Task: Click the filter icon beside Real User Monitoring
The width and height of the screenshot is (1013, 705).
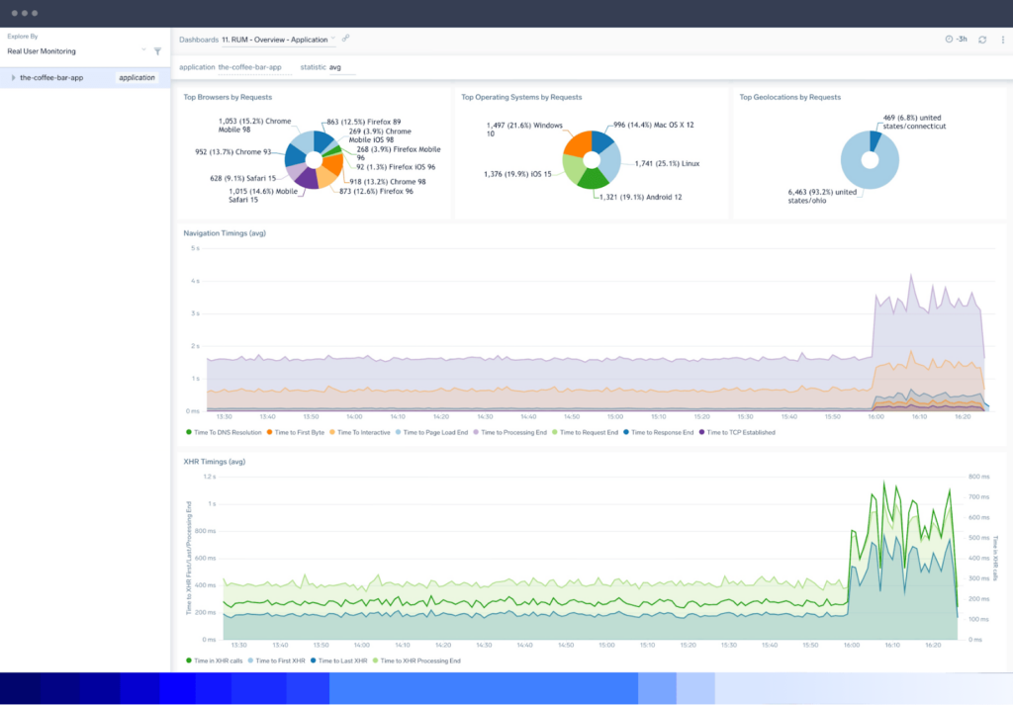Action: [157, 50]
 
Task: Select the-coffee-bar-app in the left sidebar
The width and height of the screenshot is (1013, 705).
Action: [51, 77]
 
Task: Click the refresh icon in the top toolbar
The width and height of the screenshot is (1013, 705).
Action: [982, 39]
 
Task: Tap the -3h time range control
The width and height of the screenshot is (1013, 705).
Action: [957, 39]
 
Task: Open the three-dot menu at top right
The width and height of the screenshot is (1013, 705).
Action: [1003, 39]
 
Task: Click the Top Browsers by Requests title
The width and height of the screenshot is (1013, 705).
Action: [228, 97]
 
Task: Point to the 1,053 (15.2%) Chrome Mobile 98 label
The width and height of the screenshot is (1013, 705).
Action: [255, 126]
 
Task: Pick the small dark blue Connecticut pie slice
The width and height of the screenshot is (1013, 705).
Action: [875, 140]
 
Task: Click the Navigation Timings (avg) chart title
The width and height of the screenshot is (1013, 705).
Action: [224, 233]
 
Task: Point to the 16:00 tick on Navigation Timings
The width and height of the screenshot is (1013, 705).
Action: [877, 417]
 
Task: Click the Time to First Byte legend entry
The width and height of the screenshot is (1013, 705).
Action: [298, 432]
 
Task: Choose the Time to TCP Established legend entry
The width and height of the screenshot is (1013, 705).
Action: [740, 432]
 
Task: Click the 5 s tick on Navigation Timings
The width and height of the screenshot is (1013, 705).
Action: [194, 248]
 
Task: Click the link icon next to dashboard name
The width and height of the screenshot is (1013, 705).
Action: [346, 39]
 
